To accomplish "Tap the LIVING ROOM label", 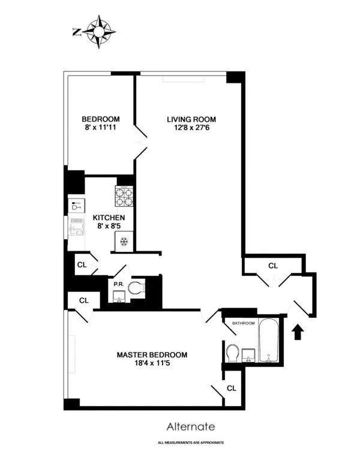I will (x=191, y=119).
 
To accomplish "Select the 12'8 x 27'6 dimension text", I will (x=191, y=128).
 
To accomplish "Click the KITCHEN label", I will (x=108, y=217).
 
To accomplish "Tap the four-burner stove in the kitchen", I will (x=124, y=196).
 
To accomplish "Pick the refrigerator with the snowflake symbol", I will (x=124, y=242).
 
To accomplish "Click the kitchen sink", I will (x=77, y=229).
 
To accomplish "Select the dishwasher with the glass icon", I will (x=76, y=205).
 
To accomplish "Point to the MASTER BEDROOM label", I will (x=152, y=354).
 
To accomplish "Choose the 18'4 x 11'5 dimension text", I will (x=152, y=363).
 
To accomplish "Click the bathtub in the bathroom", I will (x=269, y=343).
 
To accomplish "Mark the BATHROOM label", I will (x=244, y=323).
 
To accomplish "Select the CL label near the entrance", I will (x=273, y=265).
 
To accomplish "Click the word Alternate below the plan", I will (x=190, y=426).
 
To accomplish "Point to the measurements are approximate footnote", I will (x=190, y=442).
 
